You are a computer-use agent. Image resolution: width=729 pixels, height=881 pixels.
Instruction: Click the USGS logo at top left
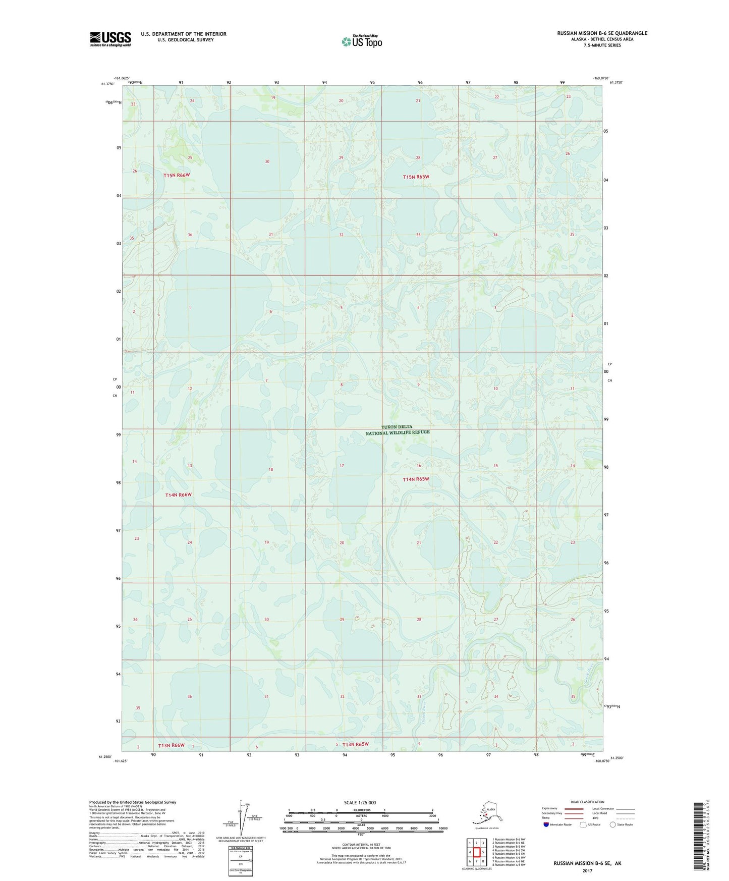click(110, 39)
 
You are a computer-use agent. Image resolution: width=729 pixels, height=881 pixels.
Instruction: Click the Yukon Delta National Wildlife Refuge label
click(398, 430)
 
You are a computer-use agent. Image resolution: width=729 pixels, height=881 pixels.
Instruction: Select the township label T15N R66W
click(177, 175)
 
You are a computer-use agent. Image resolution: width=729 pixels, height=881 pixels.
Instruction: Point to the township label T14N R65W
click(416, 479)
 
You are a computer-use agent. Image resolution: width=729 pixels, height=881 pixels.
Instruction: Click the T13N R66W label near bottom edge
click(171, 745)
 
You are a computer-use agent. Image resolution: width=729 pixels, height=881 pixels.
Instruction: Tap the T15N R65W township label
click(416, 177)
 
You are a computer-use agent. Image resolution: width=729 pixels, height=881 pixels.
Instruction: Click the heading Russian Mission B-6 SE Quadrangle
click(602, 33)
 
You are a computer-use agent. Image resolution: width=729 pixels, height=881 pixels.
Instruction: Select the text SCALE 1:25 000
click(360, 803)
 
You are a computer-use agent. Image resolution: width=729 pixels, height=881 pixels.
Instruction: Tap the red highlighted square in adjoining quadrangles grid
click(476, 852)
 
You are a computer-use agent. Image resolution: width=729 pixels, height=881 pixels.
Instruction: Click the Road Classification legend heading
click(588, 802)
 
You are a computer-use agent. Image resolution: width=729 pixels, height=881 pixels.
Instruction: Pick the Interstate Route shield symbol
click(546, 824)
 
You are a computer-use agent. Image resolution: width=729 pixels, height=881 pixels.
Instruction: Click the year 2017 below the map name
click(587, 871)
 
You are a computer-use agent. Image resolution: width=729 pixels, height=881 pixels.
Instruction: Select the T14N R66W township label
click(179, 495)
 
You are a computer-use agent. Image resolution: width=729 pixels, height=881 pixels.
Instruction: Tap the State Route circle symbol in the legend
click(612, 824)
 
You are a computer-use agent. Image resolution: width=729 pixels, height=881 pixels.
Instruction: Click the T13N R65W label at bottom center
click(356, 744)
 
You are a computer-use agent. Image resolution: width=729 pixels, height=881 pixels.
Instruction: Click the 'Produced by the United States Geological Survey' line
click(133, 802)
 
